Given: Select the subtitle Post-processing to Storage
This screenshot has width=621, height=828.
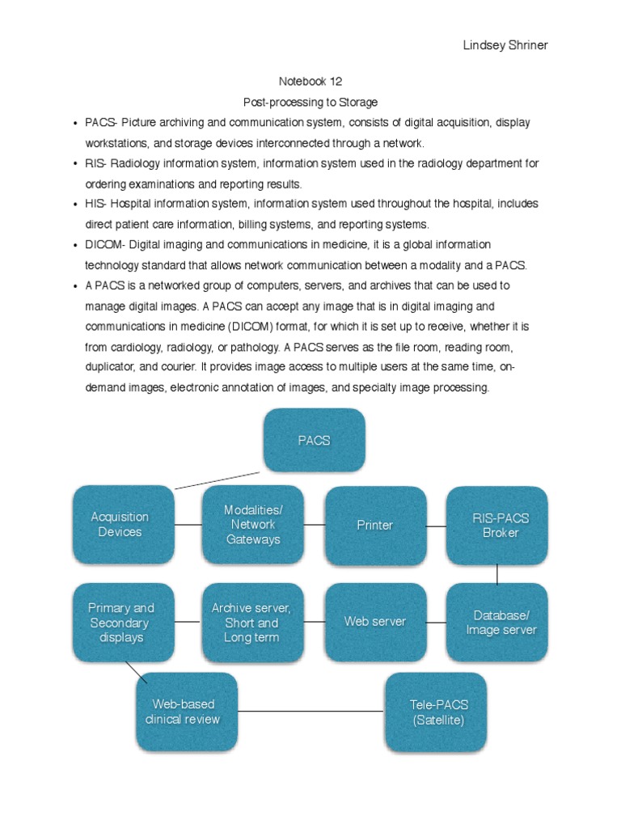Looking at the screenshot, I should [x=311, y=102].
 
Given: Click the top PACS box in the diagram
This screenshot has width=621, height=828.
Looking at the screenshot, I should [x=313, y=441].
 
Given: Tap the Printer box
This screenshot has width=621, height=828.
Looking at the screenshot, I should [x=375, y=526].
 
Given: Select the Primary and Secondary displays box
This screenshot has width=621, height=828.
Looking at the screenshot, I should [x=121, y=623].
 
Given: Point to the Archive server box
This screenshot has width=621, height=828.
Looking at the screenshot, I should [x=251, y=623].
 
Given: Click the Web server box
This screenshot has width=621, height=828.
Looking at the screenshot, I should [x=375, y=622].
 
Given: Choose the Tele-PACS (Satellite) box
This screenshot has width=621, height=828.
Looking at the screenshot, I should [x=437, y=712].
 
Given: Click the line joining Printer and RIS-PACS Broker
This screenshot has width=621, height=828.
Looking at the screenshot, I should [x=437, y=526].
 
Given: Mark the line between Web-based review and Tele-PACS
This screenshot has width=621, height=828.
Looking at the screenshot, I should [x=311, y=712].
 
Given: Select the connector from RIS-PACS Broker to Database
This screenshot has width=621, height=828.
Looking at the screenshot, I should [x=497, y=573].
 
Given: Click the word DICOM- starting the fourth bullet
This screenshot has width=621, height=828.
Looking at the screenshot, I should [x=105, y=244].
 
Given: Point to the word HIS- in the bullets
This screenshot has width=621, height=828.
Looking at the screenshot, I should [x=96, y=204].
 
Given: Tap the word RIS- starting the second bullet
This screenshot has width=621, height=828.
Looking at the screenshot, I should [x=95, y=163].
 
